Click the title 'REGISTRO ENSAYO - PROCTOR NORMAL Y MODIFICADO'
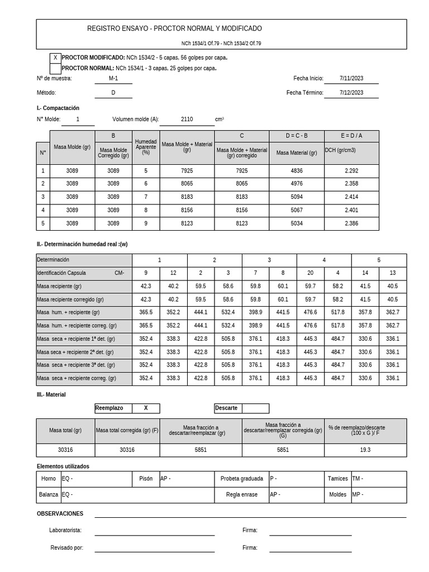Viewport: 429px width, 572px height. coord(174,28)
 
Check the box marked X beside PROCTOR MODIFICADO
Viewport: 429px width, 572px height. coord(55,58)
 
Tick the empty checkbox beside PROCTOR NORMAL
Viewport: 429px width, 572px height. coord(55,68)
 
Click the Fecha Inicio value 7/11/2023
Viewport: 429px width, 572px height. coord(351,79)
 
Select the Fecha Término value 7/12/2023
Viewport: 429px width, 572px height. coord(351,93)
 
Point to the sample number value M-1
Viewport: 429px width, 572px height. coord(113,79)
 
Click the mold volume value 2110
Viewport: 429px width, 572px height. coord(187,120)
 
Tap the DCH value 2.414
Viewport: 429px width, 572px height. coord(351,197)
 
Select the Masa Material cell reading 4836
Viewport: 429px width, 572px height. coord(297,171)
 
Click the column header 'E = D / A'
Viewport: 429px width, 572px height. coord(351,136)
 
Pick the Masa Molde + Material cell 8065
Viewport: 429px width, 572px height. coord(187,183)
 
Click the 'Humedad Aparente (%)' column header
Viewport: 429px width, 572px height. coord(146,147)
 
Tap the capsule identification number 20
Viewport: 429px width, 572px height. coord(310,273)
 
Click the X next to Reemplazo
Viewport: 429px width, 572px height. coord(146,408)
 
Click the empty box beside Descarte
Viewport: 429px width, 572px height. coord(255,408)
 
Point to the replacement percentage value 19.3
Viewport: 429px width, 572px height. coord(365,450)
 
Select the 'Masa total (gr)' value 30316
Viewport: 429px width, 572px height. coord(65,450)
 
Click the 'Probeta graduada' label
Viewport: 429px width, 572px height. coord(241,479)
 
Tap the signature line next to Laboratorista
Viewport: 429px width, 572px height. coord(154,535)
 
